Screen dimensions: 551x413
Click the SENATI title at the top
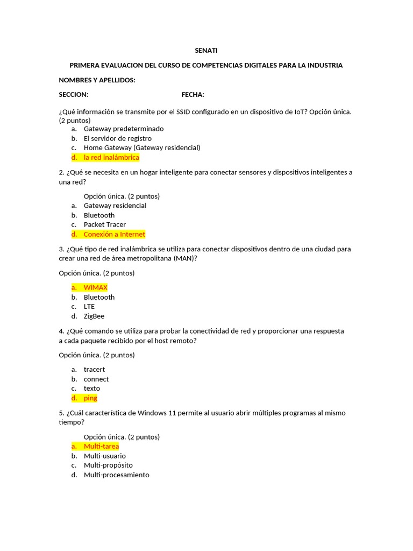[206, 51]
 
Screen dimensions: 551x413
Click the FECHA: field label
[193, 95]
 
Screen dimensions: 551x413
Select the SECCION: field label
[73, 95]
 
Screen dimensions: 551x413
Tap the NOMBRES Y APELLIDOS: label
[97, 80]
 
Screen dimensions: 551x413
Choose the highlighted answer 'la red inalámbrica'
[111, 158]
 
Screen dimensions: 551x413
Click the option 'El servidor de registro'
[117, 138]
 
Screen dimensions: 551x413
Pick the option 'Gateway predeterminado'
[124, 129]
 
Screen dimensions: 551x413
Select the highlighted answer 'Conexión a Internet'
[114, 234]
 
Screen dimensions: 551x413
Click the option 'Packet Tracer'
[105, 224]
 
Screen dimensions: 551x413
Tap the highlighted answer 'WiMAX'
[95, 288]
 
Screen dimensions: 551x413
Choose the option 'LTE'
[89, 307]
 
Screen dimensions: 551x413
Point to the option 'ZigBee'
[94, 316]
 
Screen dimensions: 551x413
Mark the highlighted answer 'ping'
[90, 398]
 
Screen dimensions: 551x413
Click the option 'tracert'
[94, 369]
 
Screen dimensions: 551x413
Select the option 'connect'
[96, 379]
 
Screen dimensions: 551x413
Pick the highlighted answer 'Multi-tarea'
[101, 446]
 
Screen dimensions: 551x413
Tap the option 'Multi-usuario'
[105, 456]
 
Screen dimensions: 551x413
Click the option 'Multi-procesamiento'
[117, 475]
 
